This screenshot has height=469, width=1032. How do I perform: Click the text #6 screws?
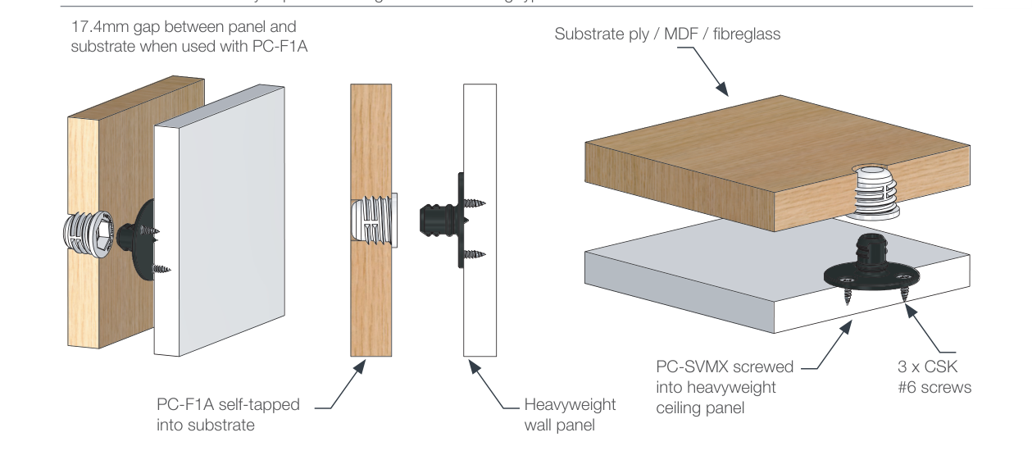934,387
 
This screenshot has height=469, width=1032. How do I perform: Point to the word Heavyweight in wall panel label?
570,404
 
